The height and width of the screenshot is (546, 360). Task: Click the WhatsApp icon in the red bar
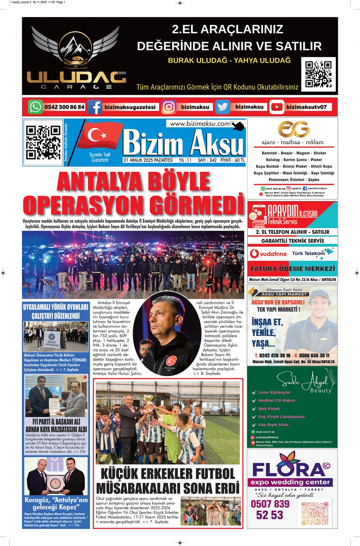pos(35,107)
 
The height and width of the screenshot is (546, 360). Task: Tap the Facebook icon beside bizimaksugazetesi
pos(95,107)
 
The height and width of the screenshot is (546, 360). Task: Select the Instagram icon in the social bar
pos(169,107)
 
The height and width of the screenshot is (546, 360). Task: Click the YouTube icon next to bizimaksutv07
pos(277,107)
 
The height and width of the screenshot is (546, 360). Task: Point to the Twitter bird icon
pos(222,107)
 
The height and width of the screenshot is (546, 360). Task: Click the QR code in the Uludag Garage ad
pos(318,74)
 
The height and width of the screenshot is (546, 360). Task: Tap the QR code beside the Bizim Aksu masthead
pos(43,142)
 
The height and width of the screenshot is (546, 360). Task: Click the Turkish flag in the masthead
pos(99,135)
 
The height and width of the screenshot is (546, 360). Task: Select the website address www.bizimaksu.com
pos(200,124)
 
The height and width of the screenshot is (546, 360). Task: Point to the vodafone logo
pos(268,254)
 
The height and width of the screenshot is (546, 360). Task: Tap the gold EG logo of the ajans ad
pos(294,129)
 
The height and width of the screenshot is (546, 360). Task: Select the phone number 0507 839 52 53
pos(270,509)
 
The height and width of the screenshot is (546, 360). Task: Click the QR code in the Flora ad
pos(315,513)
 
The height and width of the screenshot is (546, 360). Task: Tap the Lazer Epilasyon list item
pos(274,393)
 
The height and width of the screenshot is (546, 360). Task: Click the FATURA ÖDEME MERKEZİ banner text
pos(292,269)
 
